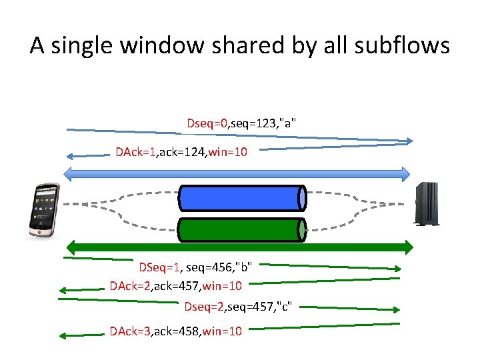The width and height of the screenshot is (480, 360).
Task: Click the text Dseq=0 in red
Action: [x=207, y=123]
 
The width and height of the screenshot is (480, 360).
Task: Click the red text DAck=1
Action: [x=135, y=153]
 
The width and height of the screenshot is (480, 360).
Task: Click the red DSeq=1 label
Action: [x=159, y=267]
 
